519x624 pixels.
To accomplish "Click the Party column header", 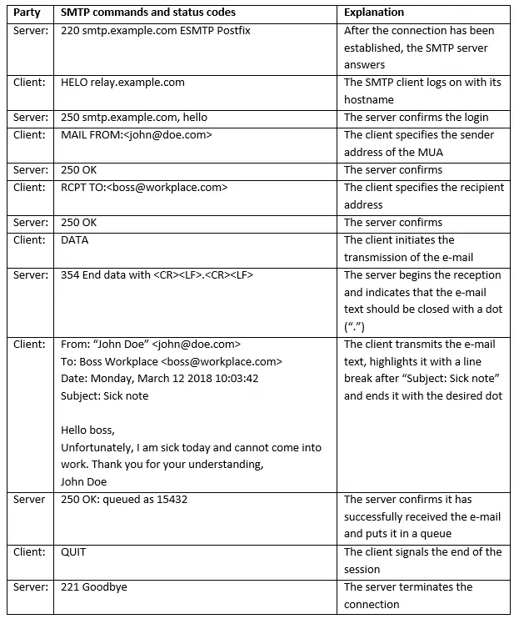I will click(28, 13).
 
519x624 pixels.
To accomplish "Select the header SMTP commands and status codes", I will click(148, 13).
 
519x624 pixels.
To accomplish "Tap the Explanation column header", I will click(374, 13).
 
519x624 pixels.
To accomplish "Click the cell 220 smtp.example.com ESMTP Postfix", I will click(156, 30).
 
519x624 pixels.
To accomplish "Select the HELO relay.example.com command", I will click(122, 83).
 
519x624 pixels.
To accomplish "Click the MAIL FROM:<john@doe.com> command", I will click(137, 135).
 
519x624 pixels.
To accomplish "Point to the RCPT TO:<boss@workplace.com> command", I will click(144, 188).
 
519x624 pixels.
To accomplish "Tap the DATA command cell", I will click(75, 240).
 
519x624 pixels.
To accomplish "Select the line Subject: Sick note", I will click(105, 395).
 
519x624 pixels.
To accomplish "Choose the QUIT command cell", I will click(73, 552).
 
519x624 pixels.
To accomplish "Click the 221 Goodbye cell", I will click(94, 587).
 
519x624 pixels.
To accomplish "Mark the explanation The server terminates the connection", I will click(408, 596).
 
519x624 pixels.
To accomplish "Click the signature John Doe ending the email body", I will click(84, 481).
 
